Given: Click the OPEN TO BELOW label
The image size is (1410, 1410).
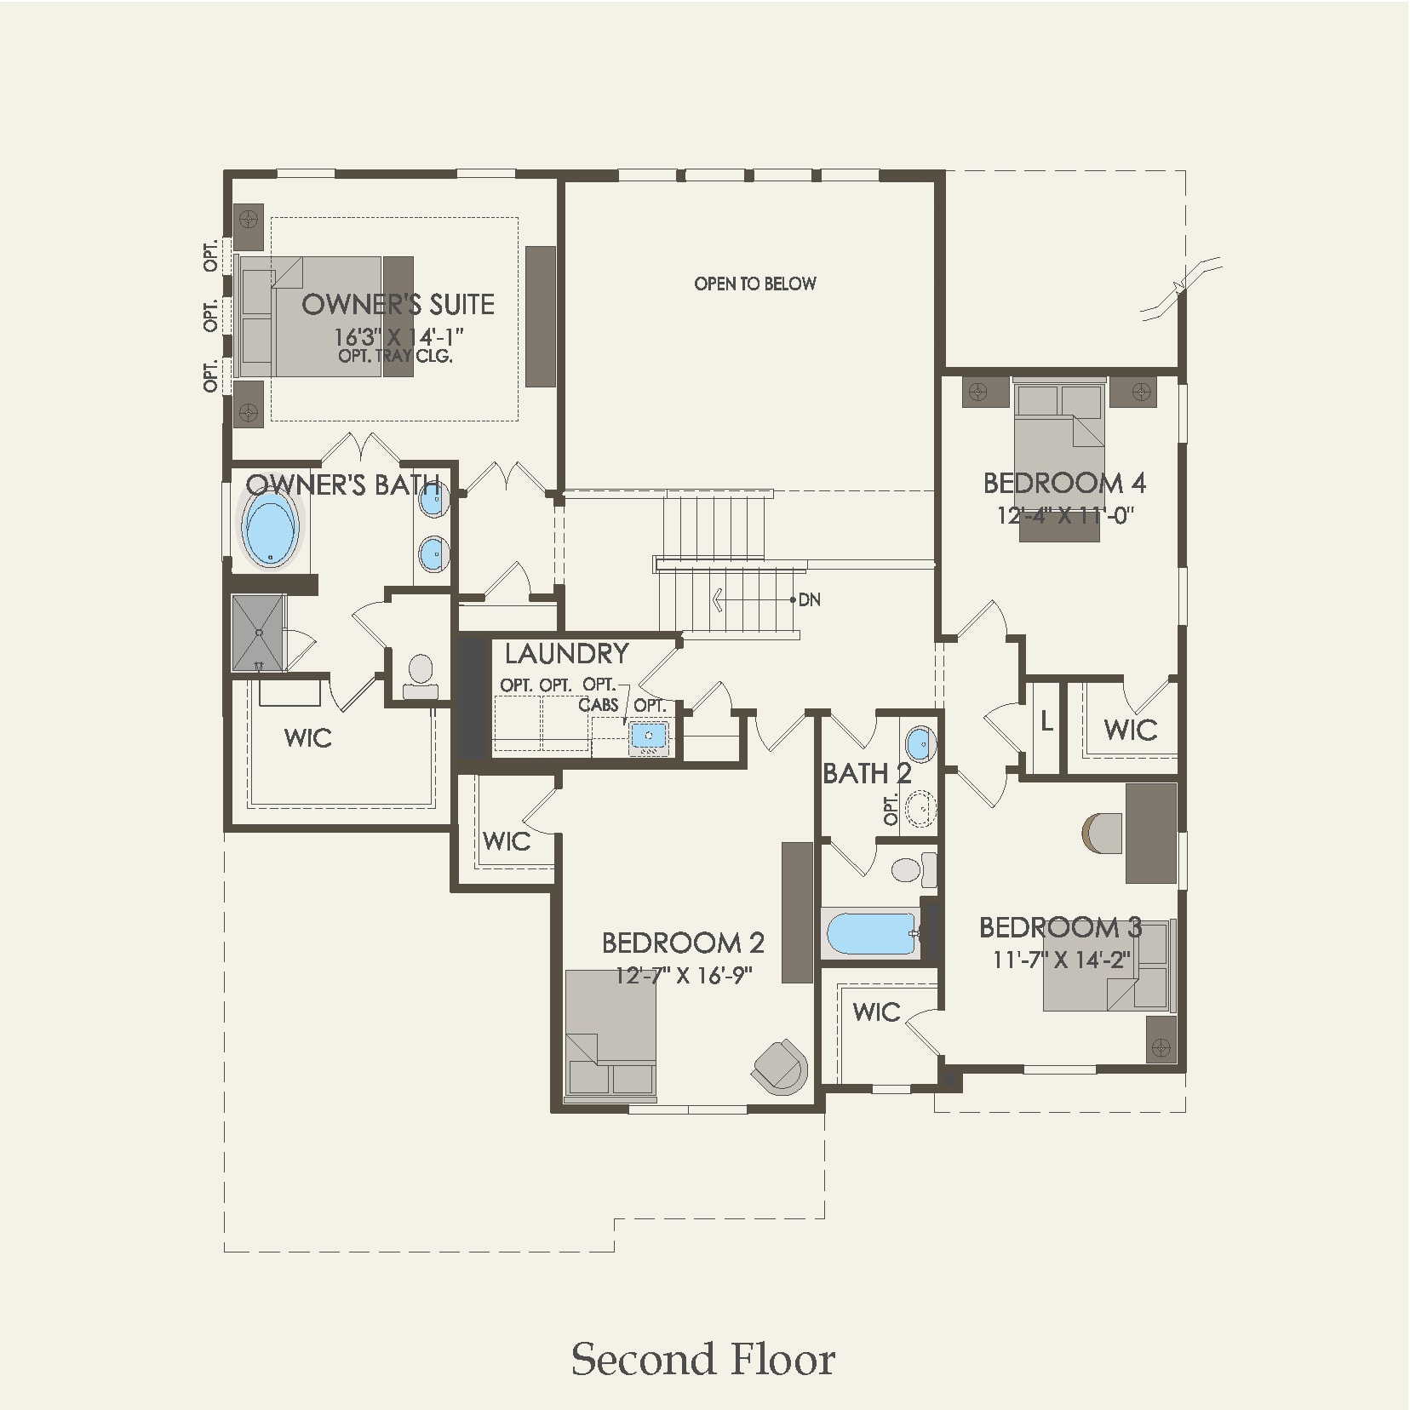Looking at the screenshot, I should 754,284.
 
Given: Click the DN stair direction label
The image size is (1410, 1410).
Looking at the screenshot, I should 810,599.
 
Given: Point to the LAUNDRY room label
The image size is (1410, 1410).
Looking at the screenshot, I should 566,654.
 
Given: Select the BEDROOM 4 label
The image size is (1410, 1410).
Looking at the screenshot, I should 1063,484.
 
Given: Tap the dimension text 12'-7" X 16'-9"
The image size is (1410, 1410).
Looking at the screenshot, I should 684,975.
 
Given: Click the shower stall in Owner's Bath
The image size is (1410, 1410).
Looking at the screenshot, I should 258,633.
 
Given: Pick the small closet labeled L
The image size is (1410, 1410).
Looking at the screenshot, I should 1046,723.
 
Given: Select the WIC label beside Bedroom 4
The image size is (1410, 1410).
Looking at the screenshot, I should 1130,730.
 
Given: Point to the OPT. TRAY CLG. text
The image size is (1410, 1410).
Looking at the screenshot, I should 395,357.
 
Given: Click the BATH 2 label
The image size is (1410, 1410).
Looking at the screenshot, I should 866,774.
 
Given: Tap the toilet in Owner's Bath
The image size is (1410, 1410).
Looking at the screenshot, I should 420,673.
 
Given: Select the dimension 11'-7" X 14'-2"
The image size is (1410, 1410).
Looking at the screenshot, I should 1061,960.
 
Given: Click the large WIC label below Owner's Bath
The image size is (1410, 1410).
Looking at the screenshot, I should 308,738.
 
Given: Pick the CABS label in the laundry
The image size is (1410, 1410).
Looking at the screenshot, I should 598,705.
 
